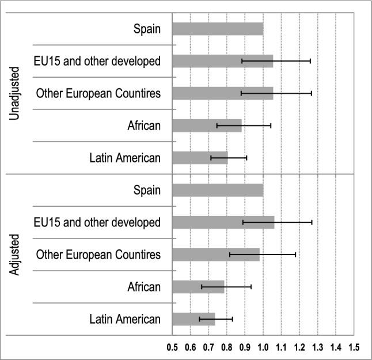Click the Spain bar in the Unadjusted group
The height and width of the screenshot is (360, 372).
(218, 28)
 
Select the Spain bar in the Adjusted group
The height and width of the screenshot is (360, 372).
(218, 190)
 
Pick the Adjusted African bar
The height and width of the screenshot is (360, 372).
(198, 286)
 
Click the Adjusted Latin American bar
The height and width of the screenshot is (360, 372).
(193, 319)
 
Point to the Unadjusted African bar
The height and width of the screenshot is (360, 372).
(207, 125)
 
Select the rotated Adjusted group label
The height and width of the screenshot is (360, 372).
(16, 254)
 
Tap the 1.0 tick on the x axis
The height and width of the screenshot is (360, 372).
(263, 348)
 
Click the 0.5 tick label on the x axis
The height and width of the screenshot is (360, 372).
(172, 348)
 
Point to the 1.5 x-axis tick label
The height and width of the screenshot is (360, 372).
(354, 348)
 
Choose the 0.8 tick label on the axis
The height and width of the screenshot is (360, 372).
(227, 348)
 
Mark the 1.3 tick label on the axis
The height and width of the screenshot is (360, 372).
(318, 348)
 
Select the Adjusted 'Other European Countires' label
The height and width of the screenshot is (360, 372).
(98, 254)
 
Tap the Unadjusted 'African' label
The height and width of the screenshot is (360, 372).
(145, 125)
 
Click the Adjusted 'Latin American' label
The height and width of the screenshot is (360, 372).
(125, 319)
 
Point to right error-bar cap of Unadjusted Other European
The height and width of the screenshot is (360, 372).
(312, 93)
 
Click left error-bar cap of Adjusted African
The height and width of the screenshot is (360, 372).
(202, 286)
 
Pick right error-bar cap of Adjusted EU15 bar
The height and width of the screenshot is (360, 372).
(312, 222)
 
